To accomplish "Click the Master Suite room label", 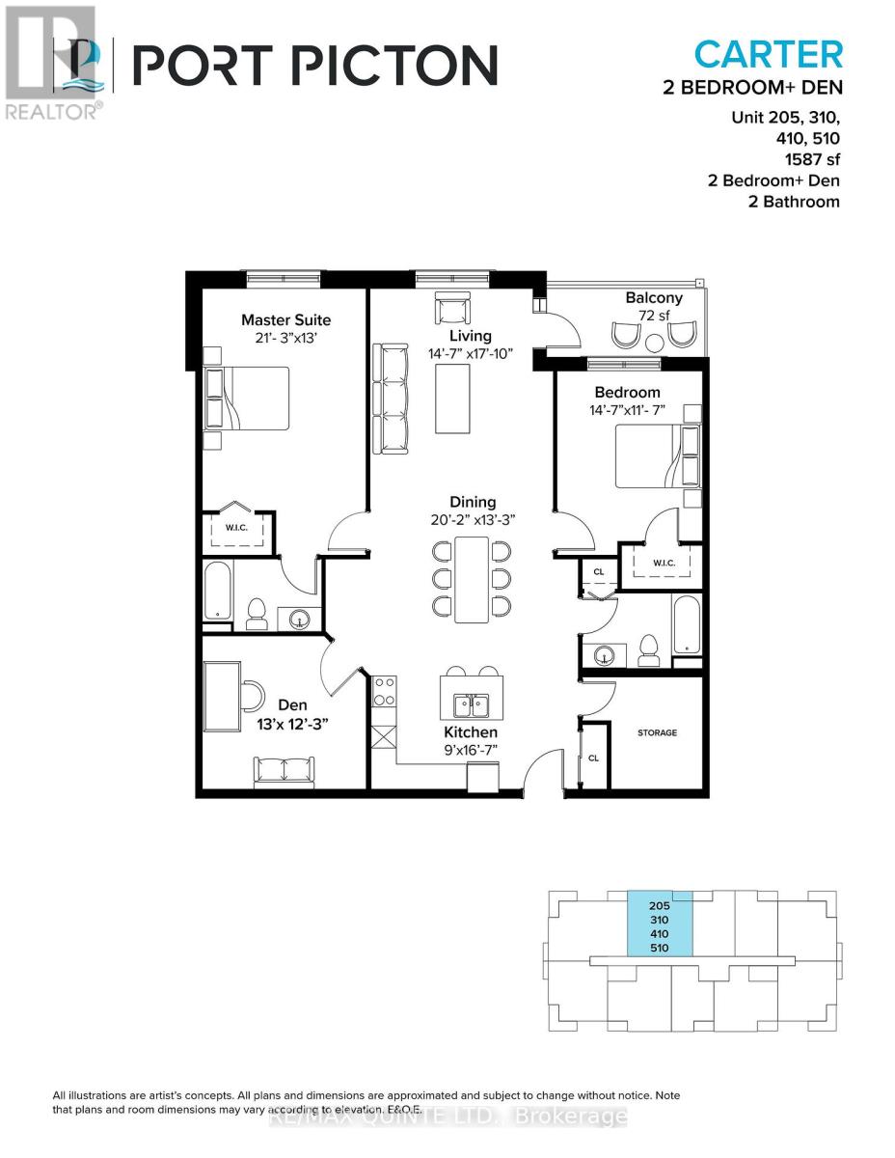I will coord(285,319).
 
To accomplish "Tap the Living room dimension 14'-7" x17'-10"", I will coord(470,354).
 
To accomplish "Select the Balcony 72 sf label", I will coord(653,307).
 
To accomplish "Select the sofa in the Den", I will coord(284,771).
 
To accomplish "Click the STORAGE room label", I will coord(657,732).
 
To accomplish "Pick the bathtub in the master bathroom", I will coord(218,591).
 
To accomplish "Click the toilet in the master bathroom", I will coord(257,614).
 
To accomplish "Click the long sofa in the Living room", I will coord(390,399).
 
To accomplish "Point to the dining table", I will coord(471,579).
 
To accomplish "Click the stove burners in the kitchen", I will coord(384,691).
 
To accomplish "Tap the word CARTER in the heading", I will coord(769,53).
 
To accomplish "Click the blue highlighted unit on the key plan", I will coord(661,925).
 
